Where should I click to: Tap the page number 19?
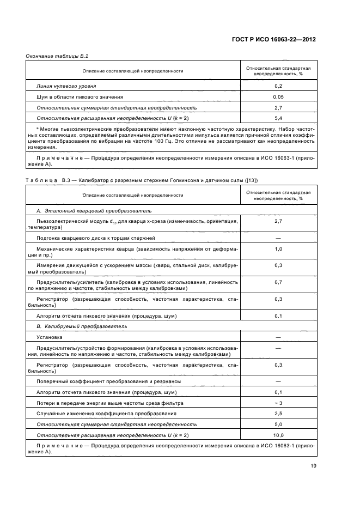point(313,466)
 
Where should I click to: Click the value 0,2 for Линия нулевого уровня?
point(278,86)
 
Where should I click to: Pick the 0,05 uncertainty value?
point(278,97)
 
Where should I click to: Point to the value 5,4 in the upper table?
point(278,118)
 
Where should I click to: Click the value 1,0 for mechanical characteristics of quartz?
point(278,249)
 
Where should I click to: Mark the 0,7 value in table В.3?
point(278,282)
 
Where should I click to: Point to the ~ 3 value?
point(278,403)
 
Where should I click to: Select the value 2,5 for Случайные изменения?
point(278,414)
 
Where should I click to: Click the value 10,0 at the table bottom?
point(278,435)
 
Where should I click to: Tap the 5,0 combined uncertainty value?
point(278,424)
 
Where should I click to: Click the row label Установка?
point(49,337)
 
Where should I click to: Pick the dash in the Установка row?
point(278,337)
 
